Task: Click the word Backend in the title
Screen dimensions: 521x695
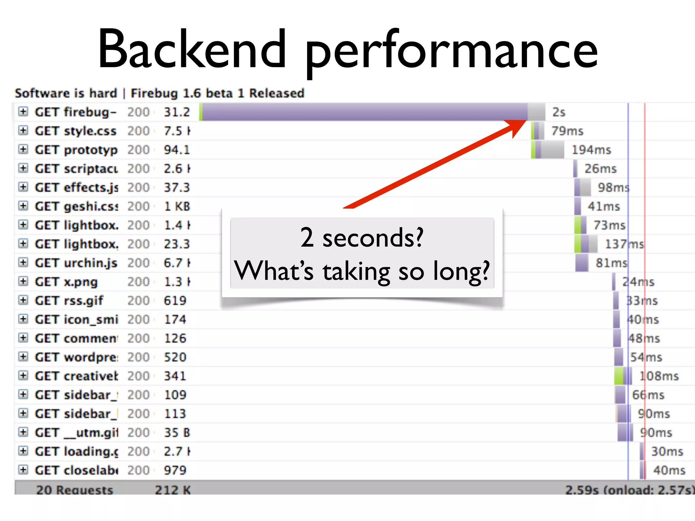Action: [192, 49]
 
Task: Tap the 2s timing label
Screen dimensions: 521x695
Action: [559, 112]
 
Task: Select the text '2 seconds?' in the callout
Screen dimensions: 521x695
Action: [362, 237]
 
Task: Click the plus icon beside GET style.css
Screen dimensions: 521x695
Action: [23, 131]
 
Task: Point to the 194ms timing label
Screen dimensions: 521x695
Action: [591, 150]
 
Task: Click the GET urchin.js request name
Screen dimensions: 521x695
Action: [76, 263]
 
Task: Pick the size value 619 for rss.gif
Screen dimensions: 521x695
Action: [175, 301]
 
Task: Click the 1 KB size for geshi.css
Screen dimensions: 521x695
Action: [177, 206]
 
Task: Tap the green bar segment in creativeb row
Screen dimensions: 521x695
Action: [619, 376]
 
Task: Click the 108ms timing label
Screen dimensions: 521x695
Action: [659, 376]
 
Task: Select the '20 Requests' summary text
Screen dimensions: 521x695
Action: [75, 490]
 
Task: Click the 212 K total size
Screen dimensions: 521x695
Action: [173, 490]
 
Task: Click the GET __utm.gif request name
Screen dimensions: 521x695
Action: [76, 433]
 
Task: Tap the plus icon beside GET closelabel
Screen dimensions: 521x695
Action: [23, 470]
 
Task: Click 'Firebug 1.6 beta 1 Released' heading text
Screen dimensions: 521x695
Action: [218, 93]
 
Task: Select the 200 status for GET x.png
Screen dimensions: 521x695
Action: [138, 282]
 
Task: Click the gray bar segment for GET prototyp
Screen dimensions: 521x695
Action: [552, 150]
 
